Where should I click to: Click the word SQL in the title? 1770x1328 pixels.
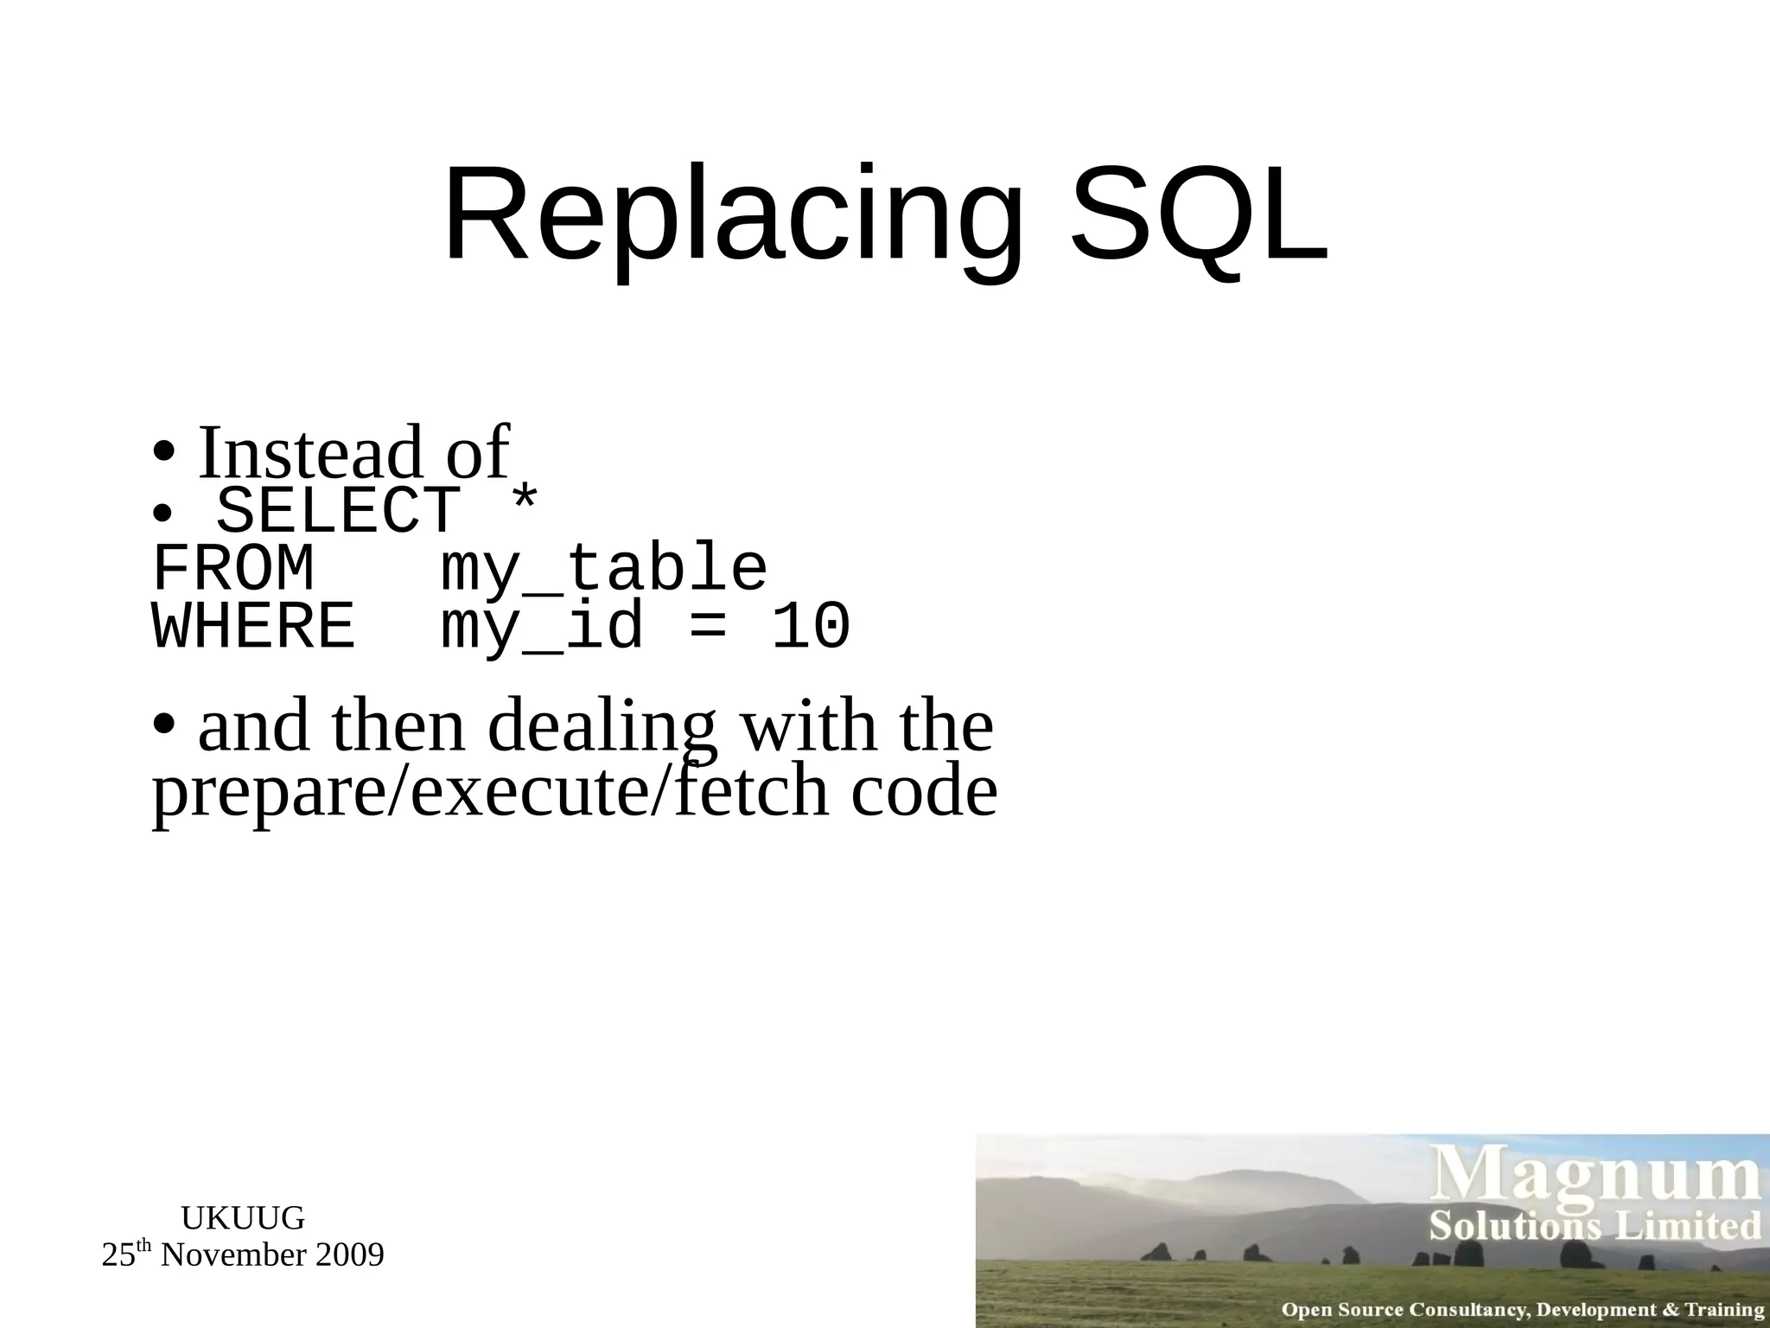1199,216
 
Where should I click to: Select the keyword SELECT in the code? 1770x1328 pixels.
337,512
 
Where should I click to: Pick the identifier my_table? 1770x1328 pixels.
603,570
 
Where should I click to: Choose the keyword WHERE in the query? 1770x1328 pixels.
253,627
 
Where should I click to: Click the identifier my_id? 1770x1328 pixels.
542,627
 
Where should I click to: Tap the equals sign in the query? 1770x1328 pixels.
706,627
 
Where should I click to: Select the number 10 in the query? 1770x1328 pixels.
811,627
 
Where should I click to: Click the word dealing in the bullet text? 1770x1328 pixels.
602,728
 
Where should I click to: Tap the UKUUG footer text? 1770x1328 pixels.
243,1218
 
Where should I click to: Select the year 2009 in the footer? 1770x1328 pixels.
349,1255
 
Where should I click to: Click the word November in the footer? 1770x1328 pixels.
234,1255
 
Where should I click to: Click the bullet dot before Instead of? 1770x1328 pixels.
164,452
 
